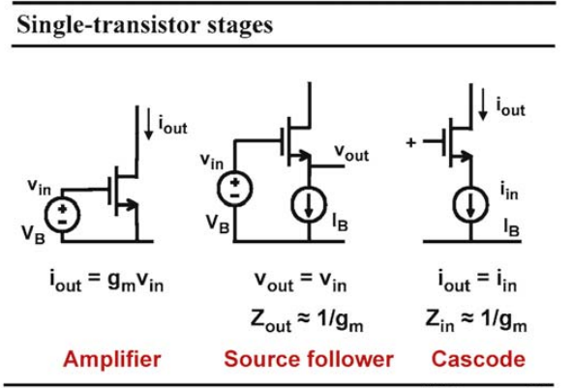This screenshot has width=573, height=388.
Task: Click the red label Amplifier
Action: point(112,359)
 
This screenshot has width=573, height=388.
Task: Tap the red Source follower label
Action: point(309,359)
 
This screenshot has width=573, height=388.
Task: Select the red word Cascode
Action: point(478,359)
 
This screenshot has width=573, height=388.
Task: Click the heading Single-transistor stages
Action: point(145,25)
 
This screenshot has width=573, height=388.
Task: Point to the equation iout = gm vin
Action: point(106,282)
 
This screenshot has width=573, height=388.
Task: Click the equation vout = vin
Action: point(301,282)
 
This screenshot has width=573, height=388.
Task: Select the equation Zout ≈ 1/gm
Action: point(307,321)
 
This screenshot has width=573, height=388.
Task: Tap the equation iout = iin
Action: point(477,282)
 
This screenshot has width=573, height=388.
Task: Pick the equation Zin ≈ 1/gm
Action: point(476,320)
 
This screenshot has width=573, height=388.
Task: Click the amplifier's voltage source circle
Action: point(62,215)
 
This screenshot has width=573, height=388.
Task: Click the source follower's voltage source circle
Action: point(234,189)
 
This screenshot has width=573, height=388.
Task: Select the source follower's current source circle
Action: point(309,205)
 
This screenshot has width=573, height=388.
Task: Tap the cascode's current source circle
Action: point(470,205)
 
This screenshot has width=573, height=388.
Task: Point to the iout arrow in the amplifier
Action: point(148,123)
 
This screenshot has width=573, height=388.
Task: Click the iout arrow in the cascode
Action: point(483,104)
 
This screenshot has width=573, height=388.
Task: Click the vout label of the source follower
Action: point(351,153)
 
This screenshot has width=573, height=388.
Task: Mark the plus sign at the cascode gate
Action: point(410,142)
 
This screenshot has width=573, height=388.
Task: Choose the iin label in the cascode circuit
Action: point(509,191)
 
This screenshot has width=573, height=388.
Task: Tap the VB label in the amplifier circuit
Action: point(33,234)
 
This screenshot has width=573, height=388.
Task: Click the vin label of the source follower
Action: point(212,162)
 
